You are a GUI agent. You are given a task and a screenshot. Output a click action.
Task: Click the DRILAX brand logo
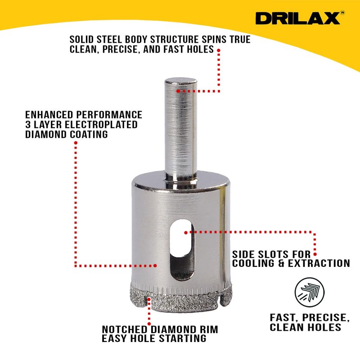pyautogui.click(x=298, y=18)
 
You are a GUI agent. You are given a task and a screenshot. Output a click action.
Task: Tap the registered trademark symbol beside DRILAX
pyautogui.click(x=342, y=13)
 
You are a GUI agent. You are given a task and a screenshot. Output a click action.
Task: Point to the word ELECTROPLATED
pyautogui.click(x=101, y=125)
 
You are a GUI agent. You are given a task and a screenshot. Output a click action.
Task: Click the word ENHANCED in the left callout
pyautogui.click(x=49, y=115)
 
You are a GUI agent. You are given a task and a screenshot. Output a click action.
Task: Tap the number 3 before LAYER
pyautogui.click(x=28, y=125)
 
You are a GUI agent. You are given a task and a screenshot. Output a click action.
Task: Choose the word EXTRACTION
pyautogui.click(x=319, y=263)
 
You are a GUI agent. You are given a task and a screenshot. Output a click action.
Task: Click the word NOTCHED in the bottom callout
pyautogui.click(x=125, y=329)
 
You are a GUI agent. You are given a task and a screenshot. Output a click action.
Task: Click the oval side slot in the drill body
pyautogui.click(x=182, y=250)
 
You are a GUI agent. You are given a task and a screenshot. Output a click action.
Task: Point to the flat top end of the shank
pyautogui.click(x=181, y=81)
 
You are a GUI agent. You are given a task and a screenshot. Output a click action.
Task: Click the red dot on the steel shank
pyautogui.click(x=178, y=91)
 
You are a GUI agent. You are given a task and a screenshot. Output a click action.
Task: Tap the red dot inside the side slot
pyautogui.click(x=186, y=233)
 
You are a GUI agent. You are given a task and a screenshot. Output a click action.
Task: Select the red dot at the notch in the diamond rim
pyautogui.click(x=149, y=299)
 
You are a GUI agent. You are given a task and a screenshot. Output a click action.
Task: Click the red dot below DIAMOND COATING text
pyautogui.click(x=76, y=143)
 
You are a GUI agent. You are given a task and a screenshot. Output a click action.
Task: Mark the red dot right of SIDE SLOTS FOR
pyautogui.click(x=315, y=254)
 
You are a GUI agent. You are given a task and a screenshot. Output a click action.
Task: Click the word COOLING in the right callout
pyautogui.click(x=253, y=263)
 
